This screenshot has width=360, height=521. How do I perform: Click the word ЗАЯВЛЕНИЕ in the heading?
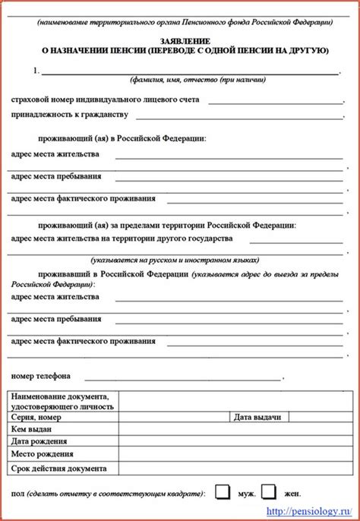coord(180,39)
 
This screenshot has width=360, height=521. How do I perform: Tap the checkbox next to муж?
coord(222,492)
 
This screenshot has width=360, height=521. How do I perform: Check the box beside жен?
coord(269,492)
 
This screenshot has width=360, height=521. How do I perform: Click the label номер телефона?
coord(41,375)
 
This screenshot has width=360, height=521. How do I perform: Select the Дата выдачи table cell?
coord(257,417)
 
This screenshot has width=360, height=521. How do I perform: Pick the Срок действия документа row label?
coord(59,469)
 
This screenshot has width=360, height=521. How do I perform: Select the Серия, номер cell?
coord(36,417)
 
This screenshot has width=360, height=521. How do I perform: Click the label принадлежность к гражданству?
coord(69,115)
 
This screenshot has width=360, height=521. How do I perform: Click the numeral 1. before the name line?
coord(36,71)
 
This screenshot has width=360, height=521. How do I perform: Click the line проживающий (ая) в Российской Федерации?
coord(122,138)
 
